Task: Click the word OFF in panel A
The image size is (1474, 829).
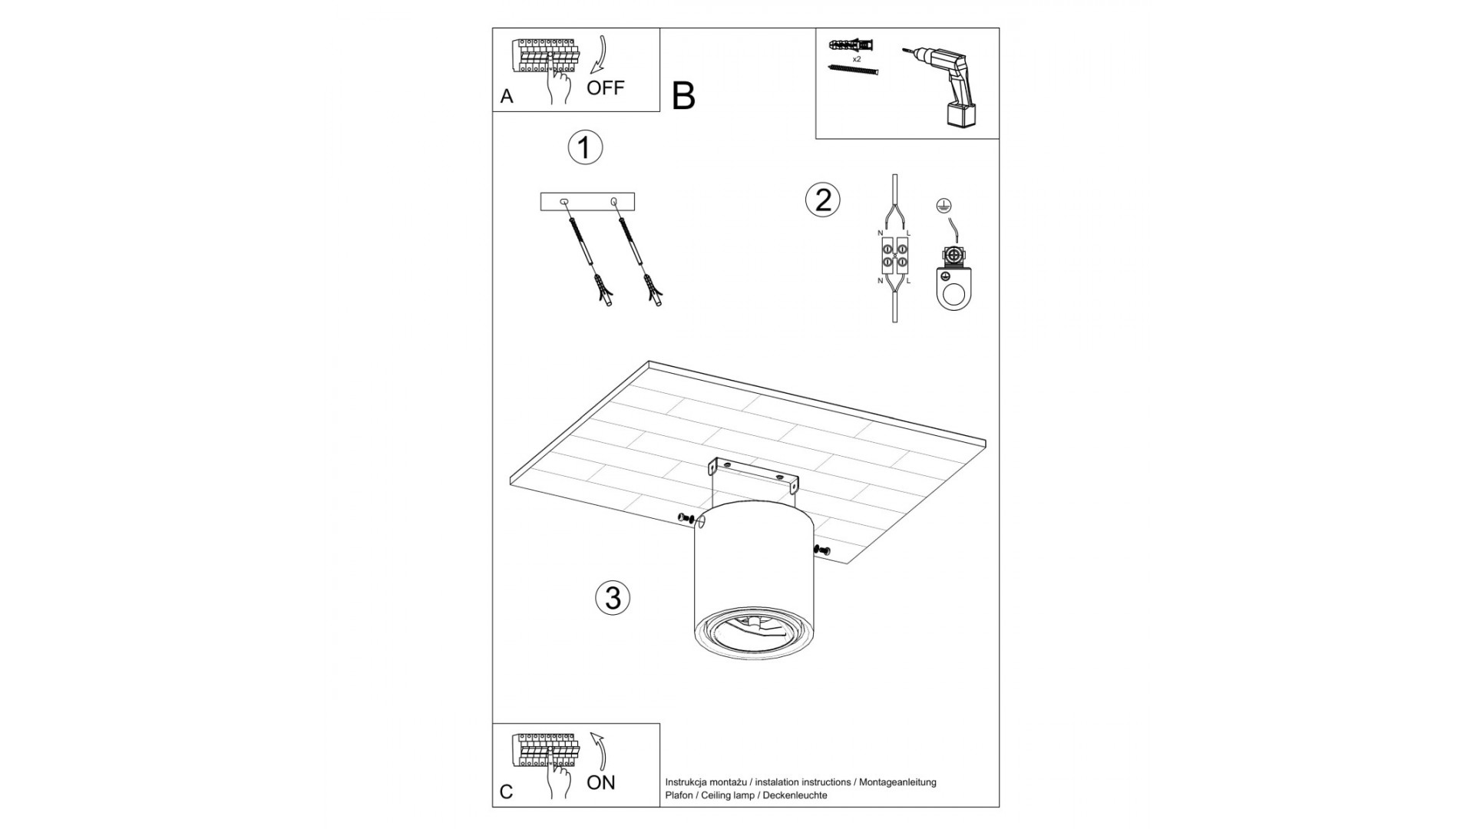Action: click(606, 88)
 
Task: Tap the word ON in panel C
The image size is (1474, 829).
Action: click(601, 782)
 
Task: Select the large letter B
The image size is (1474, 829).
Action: click(683, 96)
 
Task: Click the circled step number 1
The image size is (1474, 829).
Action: click(585, 147)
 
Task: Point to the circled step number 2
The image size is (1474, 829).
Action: click(823, 200)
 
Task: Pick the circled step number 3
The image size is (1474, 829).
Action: click(613, 597)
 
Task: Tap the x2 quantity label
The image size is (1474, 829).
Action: click(856, 58)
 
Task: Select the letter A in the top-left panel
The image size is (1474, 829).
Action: click(507, 97)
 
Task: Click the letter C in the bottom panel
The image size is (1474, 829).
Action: click(507, 791)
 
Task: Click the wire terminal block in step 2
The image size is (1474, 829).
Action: click(894, 256)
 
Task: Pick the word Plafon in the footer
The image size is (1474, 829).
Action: click(679, 795)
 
